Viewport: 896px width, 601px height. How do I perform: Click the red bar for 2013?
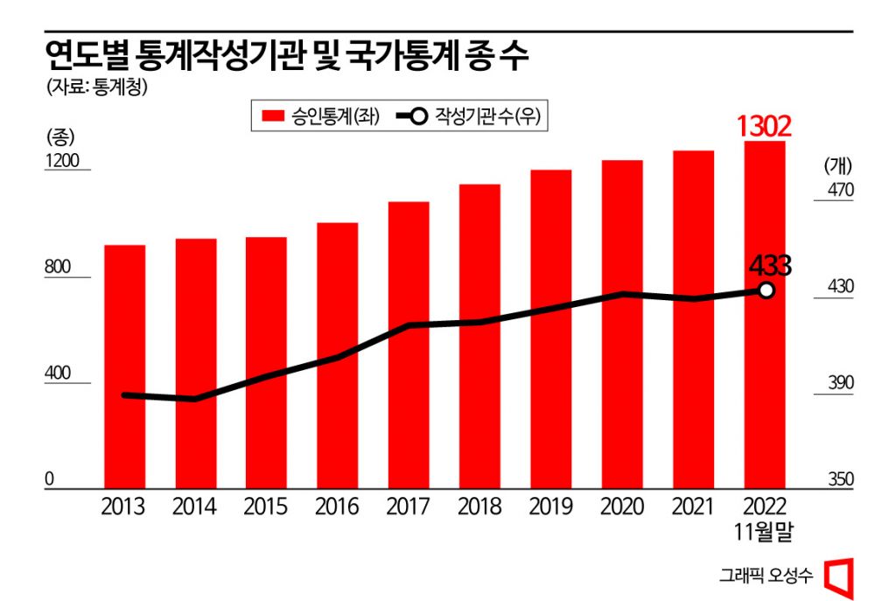[x=124, y=367]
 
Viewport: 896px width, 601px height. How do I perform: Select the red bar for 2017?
[x=409, y=346]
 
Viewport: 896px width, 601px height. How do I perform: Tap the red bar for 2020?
[x=622, y=324]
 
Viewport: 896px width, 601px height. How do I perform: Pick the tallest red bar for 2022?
[x=765, y=315]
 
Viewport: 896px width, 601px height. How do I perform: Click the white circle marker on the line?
[x=766, y=290]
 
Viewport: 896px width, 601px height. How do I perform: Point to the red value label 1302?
[x=764, y=126]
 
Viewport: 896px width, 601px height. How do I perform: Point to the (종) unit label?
[x=59, y=136]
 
